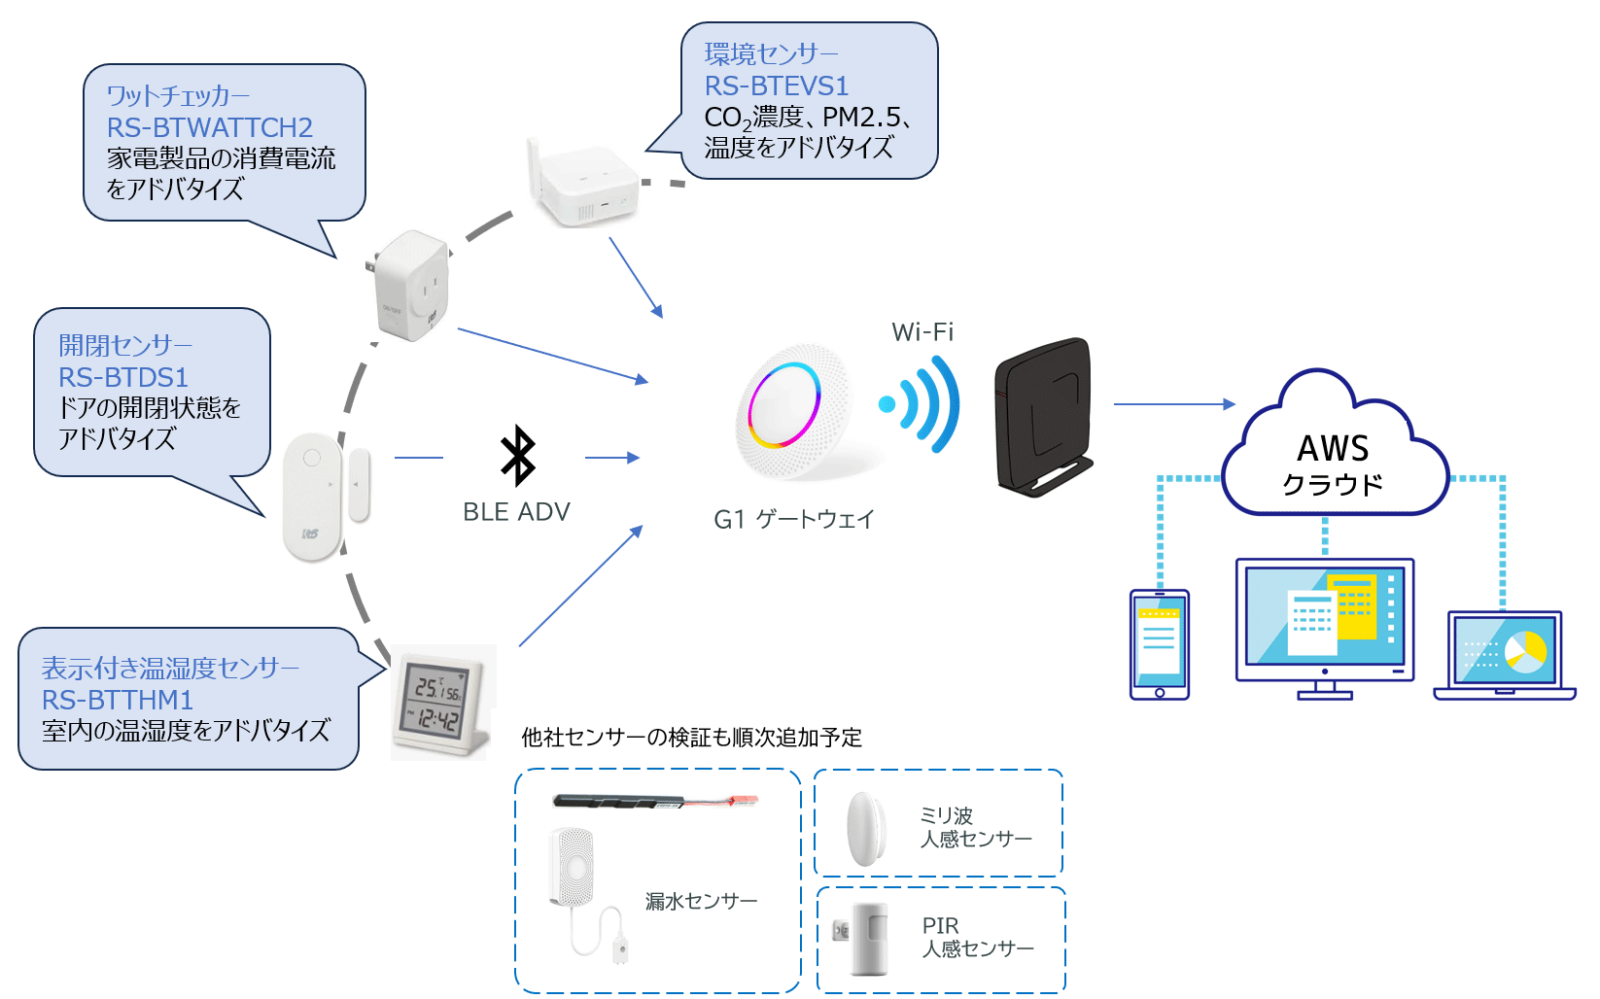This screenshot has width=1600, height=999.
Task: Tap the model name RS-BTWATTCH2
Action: [209, 127]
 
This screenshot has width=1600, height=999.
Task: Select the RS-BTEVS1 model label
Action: [776, 86]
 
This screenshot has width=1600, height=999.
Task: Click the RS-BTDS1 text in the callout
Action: [122, 377]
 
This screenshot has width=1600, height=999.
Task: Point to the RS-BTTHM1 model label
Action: [117, 700]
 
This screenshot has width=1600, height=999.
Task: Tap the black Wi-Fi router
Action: [1043, 416]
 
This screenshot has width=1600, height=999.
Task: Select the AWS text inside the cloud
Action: [1333, 449]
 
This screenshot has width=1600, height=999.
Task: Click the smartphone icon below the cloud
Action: [1160, 643]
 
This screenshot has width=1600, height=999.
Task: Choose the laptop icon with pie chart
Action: [1504, 654]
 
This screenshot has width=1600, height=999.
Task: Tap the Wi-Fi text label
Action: [922, 332]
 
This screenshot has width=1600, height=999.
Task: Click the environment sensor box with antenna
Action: [583, 185]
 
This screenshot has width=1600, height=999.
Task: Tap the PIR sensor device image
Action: [868, 939]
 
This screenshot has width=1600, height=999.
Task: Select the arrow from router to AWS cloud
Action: [1174, 404]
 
